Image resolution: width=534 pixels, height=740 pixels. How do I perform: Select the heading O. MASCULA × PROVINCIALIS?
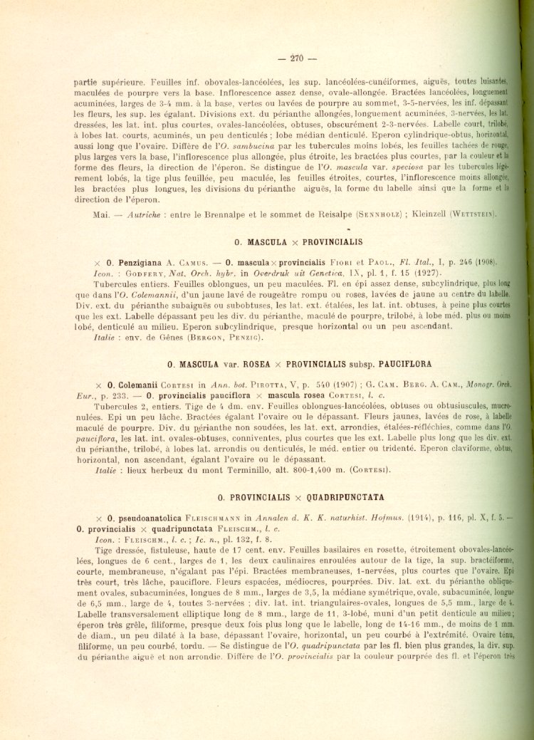pos(298,242)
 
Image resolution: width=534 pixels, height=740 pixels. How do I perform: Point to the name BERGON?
pos(204,338)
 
